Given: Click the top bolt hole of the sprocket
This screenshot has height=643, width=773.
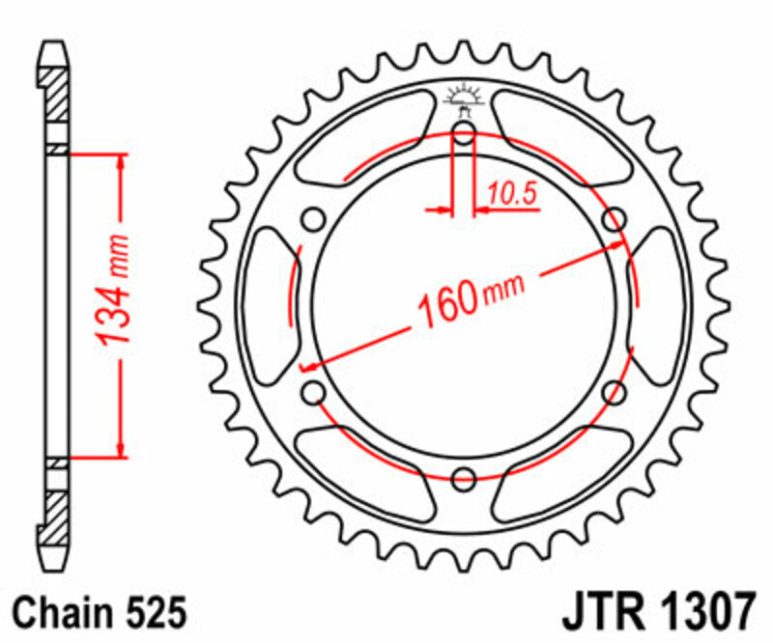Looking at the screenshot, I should tap(463, 134).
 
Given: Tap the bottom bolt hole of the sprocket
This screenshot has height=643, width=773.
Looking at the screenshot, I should tap(464, 476).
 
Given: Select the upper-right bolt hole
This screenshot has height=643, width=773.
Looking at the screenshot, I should tap(613, 220).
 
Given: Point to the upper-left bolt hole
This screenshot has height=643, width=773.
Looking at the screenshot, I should tap(314, 220).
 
